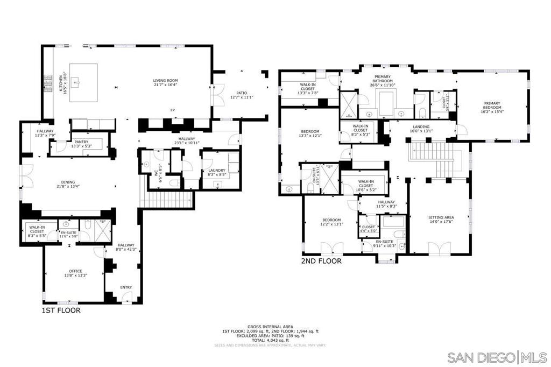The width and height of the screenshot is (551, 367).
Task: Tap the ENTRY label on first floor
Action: point(125,287)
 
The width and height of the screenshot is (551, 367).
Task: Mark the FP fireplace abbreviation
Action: point(173,110)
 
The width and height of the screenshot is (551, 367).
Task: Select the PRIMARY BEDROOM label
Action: point(492,105)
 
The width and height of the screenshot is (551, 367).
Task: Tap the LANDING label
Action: point(421,128)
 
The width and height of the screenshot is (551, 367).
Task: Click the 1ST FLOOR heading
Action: point(62,310)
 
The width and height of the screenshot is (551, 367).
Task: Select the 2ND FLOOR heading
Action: point(321,261)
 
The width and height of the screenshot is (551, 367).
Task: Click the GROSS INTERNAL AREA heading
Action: point(270,327)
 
